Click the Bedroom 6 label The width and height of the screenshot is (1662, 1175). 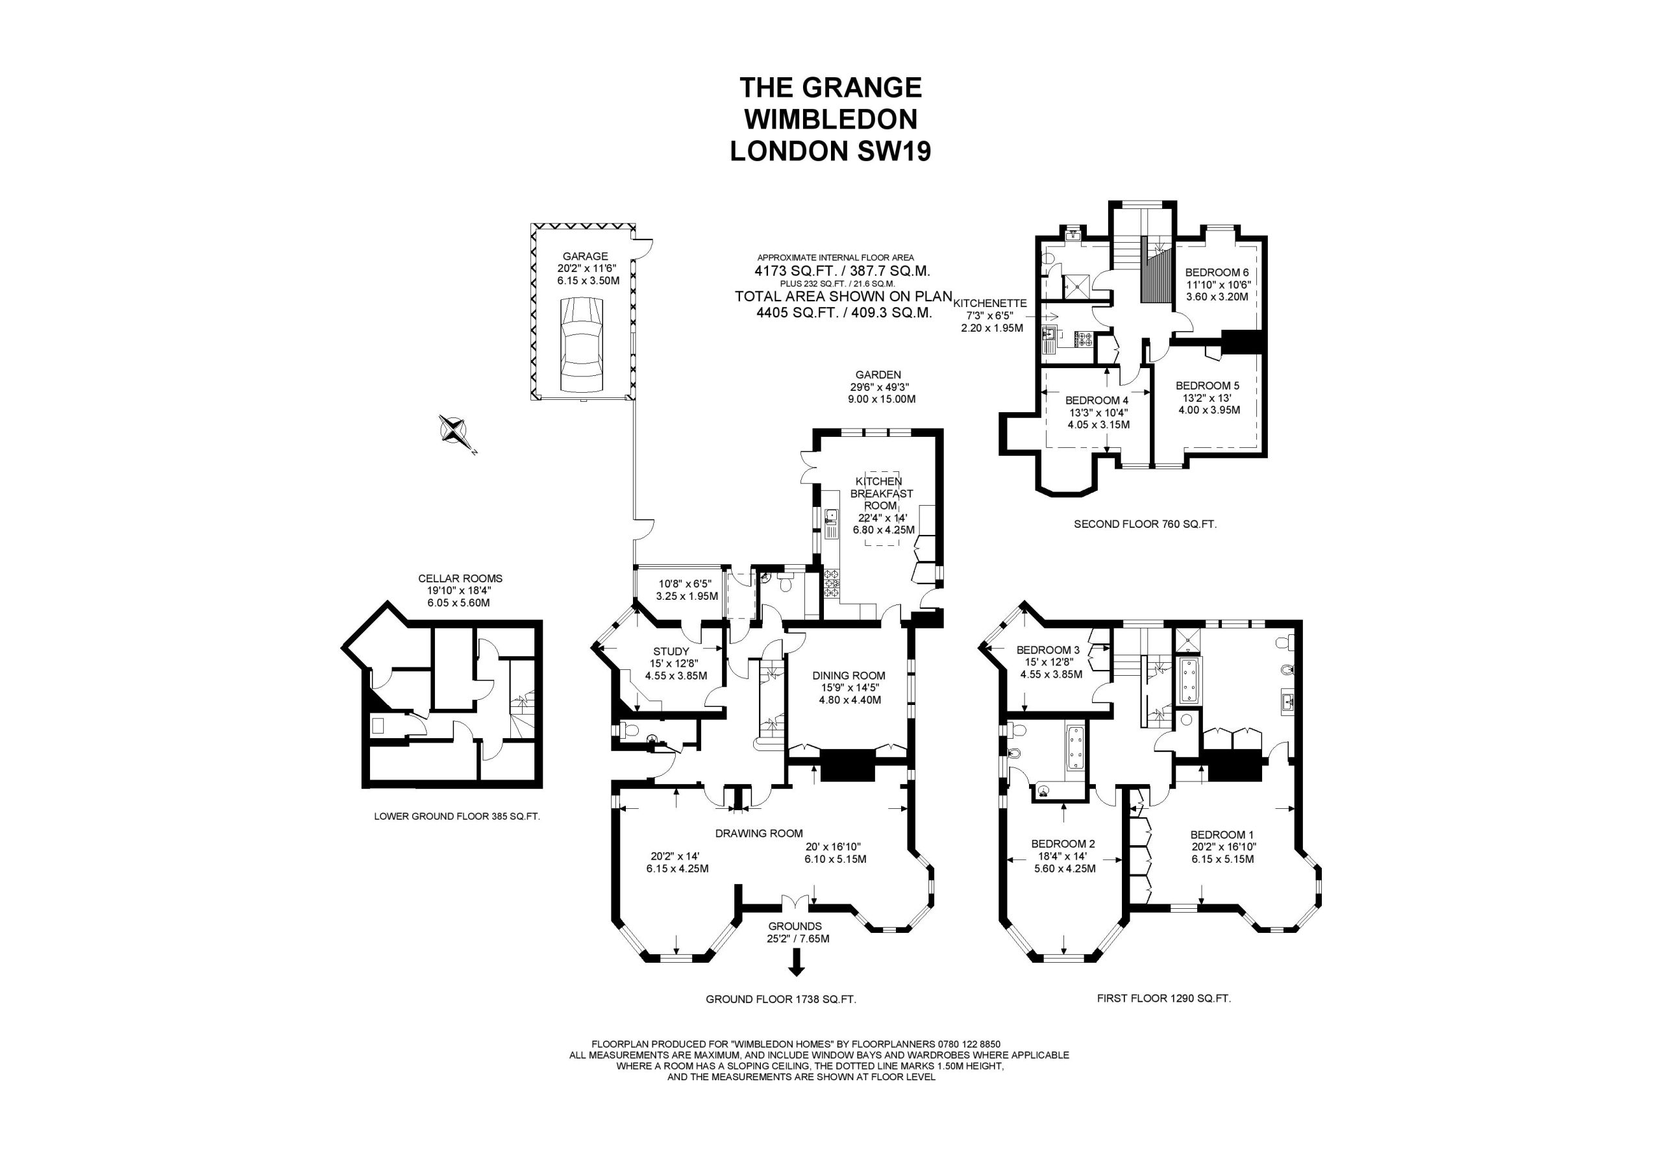(1217, 272)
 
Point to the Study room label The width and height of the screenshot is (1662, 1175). (671, 652)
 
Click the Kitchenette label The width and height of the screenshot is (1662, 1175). (990, 303)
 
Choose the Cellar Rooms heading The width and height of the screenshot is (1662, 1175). (460, 578)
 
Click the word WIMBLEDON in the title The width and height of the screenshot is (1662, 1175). (830, 118)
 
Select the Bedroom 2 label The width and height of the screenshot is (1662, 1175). (1063, 843)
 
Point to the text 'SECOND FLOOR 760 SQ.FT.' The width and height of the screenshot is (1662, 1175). (1145, 523)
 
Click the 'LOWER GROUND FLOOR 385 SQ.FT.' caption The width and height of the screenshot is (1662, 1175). (457, 816)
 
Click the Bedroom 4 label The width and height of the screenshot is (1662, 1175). (1097, 401)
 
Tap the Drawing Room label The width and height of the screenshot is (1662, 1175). (759, 834)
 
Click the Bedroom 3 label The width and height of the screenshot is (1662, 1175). (1047, 650)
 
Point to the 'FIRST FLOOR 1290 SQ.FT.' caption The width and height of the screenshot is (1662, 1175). (1164, 998)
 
